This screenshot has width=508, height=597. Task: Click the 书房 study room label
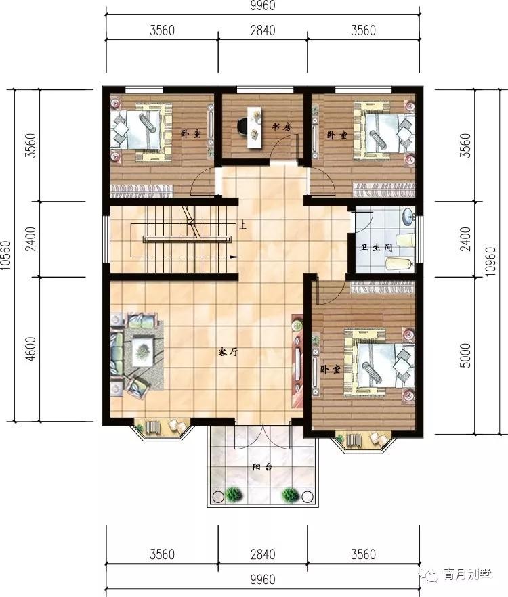pyautogui.click(x=282, y=127)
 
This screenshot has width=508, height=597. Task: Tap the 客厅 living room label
pyautogui.click(x=229, y=352)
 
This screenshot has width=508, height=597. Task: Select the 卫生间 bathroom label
pyautogui.click(x=377, y=248)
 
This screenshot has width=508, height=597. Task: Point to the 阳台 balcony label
pyautogui.click(x=262, y=467)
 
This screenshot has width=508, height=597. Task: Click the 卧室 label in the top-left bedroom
pyautogui.click(x=190, y=133)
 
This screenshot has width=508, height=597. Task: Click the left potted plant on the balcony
pyautogui.click(x=234, y=495)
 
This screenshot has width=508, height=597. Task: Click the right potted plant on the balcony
pyautogui.click(x=291, y=495)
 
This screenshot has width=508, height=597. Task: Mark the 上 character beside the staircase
pyautogui.click(x=242, y=225)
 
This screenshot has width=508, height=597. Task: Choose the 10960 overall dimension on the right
pyautogui.click(x=491, y=261)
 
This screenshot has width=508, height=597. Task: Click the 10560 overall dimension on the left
pyautogui.click(x=6, y=255)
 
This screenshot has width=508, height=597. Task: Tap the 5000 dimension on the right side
pyautogui.click(x=465, y=355)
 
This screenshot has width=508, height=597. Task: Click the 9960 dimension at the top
pyautogui.click(x=263, y=5)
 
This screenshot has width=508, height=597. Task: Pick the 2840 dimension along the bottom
pyautogui.click(x=263, y=554)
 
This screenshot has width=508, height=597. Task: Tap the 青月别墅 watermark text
pyautogui.click(x=467, y=574)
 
